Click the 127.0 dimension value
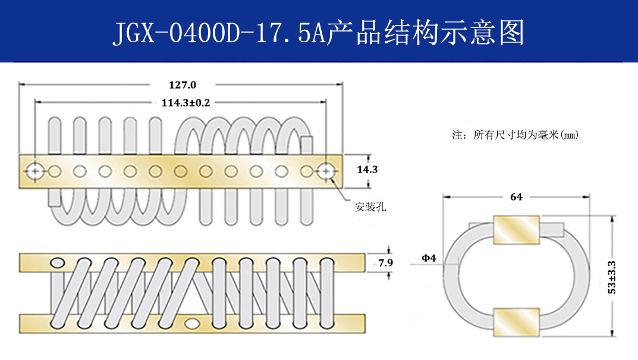click(182, 85)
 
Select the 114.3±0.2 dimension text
click(186, 102)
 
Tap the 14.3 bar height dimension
click(367, 170)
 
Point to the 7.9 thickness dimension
click(386, 262)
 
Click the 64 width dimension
click(516, 197)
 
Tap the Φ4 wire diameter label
click(429, 258)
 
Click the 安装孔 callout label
click(370, 207)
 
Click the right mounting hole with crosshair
click(325, 171)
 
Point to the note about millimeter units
click(515, 135)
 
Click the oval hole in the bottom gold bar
click(193, 323)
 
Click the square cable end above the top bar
click(307, 145)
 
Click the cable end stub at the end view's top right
click(552, 227)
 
